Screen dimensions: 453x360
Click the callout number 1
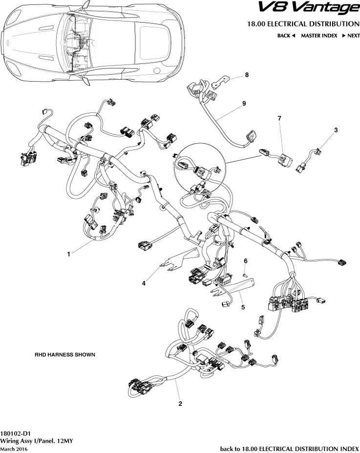(69, 254)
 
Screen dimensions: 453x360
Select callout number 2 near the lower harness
(180, 404)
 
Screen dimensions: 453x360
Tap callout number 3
(336, 130)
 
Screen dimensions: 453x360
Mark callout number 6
(246, 260)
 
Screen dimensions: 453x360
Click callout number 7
(279, 119)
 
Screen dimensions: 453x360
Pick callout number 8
(247, 75)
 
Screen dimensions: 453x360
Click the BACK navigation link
(286, 36)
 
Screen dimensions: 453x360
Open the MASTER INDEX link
(319, 36)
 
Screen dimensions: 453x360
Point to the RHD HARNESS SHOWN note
(64, 354)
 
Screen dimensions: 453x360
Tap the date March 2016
(14, 449)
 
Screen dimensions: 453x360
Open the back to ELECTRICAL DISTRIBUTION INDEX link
(290, 448)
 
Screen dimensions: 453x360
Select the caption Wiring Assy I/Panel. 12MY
(37, 440)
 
